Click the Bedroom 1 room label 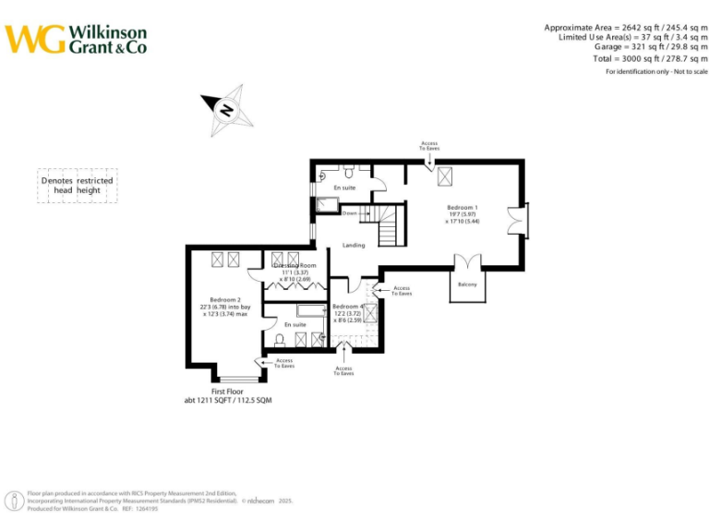463,209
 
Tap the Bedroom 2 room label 225,300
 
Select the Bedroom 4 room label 347,306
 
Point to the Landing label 354,246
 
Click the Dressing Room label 294,266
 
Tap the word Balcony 468,284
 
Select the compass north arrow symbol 226,108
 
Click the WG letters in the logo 35,39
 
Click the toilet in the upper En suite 349,172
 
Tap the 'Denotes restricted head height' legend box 77,186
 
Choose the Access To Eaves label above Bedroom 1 429,146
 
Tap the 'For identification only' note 656,72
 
